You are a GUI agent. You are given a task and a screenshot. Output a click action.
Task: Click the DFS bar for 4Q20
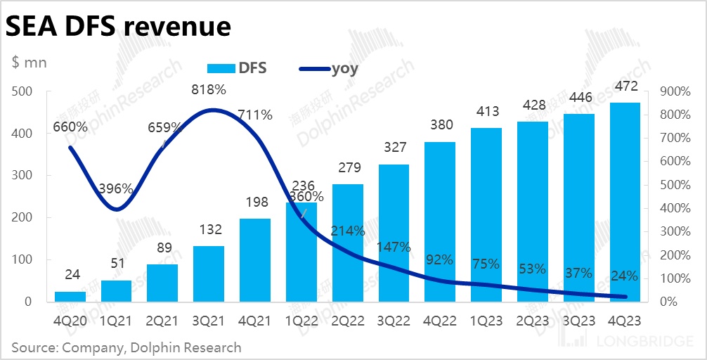pyautogui.click(x=70, y=296)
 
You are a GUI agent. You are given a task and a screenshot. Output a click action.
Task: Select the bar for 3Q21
pyautogui.click(x=209, y=274)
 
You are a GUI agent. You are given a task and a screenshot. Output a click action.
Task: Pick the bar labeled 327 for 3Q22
pyautogui.click(x=394, y=233)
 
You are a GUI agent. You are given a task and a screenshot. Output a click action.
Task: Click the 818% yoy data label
pyautogui.click(x=209, y=90)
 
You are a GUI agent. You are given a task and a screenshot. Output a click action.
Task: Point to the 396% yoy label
pyautogui.click(x=117, y=188)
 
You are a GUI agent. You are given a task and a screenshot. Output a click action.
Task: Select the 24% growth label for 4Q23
pyautogui.click(x=624, y=276)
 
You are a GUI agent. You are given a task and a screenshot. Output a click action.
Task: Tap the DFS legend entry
pyautogui.click(x=237, y=68)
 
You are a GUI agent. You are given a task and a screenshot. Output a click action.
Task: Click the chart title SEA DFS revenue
pyautogui.click(x=119, y=26)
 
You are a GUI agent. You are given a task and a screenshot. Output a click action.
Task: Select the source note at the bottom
pyautogui.click(x=127, y=347)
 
